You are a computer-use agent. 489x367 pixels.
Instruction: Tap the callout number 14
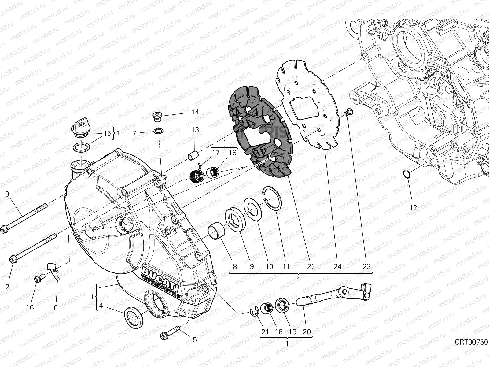[195, 112]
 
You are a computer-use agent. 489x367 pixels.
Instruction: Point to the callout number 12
[413, 208]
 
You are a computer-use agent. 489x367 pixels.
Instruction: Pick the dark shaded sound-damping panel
[261, 132]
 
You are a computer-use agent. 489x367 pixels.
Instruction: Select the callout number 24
[337, 266]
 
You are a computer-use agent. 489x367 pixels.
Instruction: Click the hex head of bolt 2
[13, 259]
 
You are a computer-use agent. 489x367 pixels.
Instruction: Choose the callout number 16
[30, 308]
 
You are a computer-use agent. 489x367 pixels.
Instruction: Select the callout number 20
[307, 332]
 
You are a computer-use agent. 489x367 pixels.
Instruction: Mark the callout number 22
[311, 266]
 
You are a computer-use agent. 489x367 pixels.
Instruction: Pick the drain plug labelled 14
[157, 117]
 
